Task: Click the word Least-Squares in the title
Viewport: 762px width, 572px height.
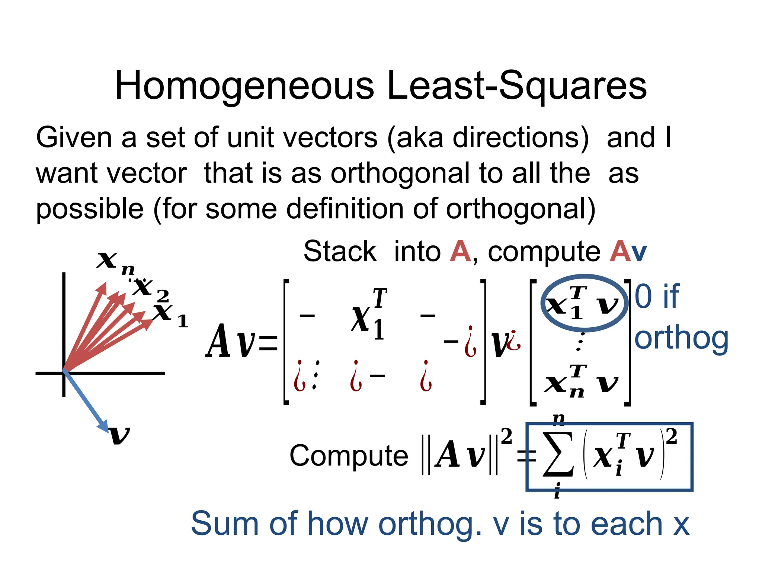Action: point(517,86)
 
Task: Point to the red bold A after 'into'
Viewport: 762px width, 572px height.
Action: point(460,252)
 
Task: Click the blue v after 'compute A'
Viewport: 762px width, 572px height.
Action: point(639,252)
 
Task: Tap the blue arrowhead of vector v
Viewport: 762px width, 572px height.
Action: point(103,426)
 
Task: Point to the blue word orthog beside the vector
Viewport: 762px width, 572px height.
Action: point(681,339)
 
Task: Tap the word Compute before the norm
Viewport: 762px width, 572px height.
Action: point(349,456)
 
